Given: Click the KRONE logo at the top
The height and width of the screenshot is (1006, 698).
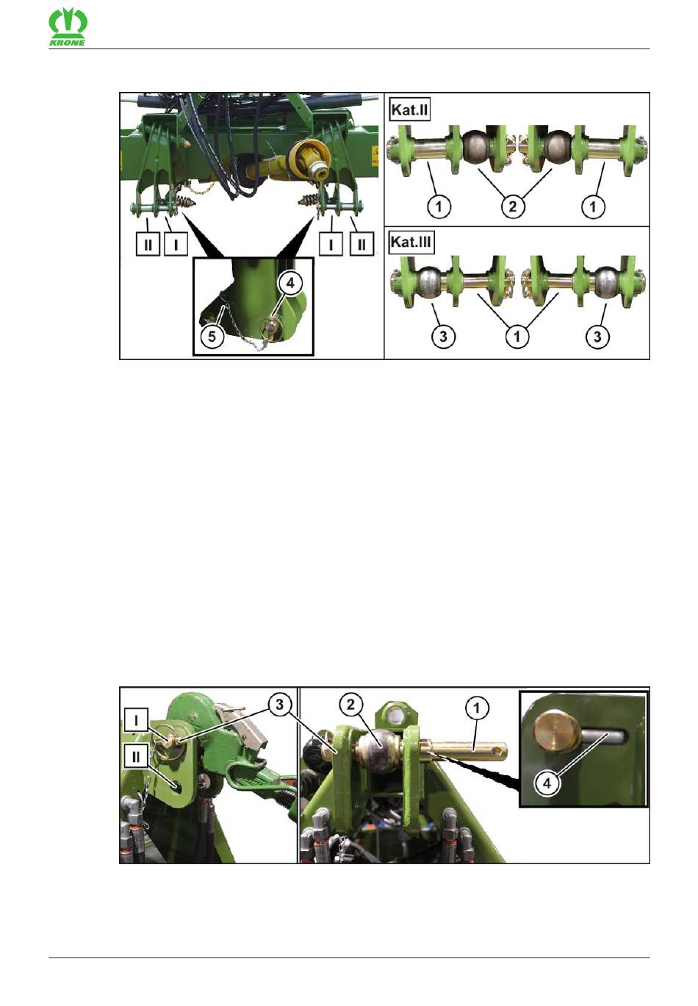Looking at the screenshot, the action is (x=68, y=28).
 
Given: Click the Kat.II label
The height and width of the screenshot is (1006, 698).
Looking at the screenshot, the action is (x=410, y=110).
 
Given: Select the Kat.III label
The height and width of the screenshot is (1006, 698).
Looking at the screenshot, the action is (x=411, y=242).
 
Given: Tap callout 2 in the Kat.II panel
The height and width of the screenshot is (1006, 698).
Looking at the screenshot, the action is (x=513, y=206).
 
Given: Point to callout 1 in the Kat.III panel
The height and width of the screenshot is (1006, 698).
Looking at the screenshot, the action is (x=517, y=337).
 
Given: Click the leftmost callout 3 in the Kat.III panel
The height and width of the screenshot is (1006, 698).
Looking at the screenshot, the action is (x=443, y=337).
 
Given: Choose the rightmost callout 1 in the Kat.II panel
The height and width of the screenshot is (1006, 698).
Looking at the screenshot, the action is (x=594, y=206).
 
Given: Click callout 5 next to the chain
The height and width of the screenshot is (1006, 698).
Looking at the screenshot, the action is (x=212, y=336).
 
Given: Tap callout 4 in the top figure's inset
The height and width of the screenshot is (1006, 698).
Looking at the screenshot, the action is (x=290, y=284).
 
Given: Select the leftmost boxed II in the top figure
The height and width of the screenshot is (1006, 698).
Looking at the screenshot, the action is (x=148, y=245).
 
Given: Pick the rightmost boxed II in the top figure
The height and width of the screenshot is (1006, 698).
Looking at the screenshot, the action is (x=361, y=245).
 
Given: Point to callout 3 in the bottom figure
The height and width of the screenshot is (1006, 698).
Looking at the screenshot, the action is (x=279, y=705).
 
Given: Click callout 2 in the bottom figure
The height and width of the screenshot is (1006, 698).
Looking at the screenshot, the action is (x=350, y=705).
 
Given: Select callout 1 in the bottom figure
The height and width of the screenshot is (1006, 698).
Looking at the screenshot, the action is (x=477, y=708).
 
